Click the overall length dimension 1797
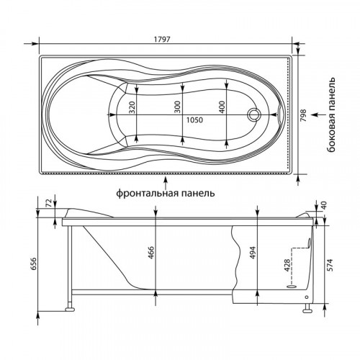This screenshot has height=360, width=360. [162, 39]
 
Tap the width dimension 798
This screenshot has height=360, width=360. [304, 115]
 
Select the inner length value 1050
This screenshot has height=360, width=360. [195, 120]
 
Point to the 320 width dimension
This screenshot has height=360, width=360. [132, 107]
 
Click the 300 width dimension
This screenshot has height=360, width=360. [177, 107]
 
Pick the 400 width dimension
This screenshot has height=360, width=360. [222, 107]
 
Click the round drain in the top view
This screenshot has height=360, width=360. [254, 114]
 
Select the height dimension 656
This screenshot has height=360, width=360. [34, 264]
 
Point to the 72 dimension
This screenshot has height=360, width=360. [49, 204]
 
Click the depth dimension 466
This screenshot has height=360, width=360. [150, 253]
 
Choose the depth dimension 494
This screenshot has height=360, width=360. [252, 253]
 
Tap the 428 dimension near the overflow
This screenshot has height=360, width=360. [287, 265]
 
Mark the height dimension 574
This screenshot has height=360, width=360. [330, 265]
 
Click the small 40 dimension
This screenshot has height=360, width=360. [324, 204]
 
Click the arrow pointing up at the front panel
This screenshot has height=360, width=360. [166, 182]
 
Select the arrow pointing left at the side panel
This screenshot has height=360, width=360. [317, 114]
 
